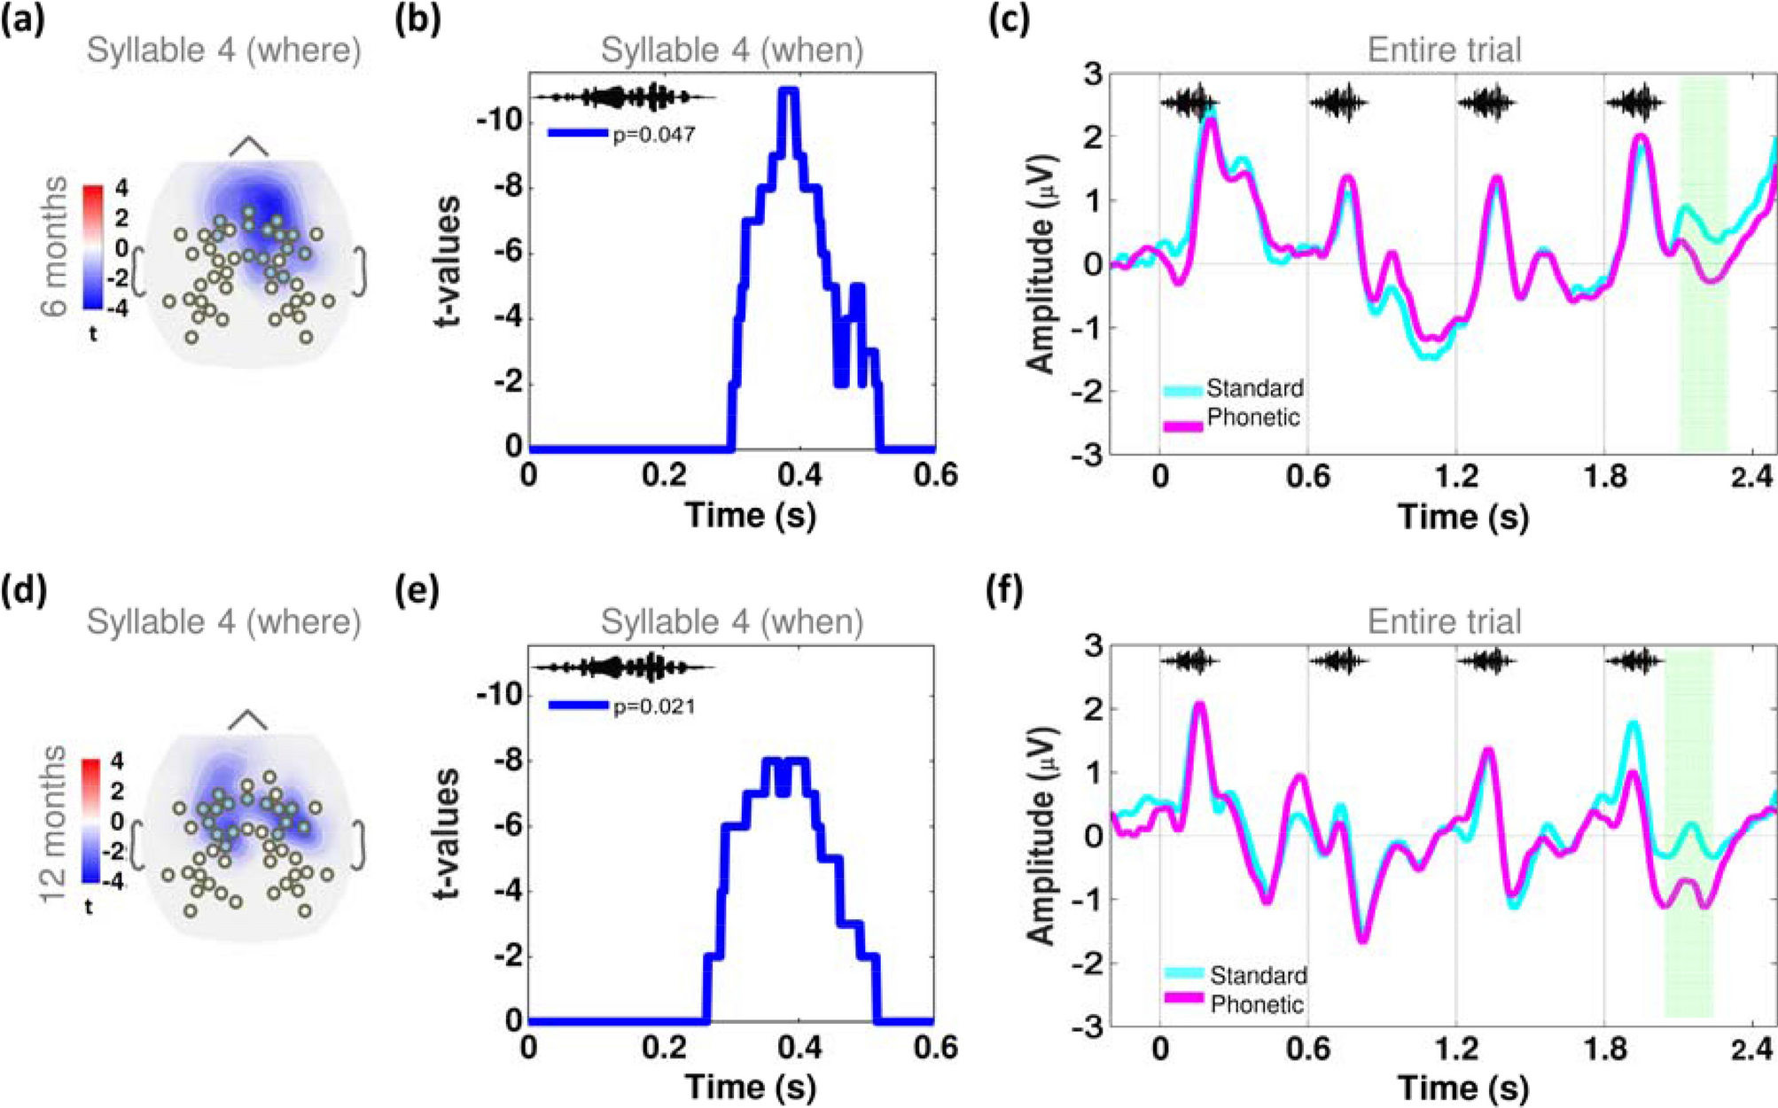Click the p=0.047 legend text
[654, 135]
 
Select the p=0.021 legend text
[654, 707]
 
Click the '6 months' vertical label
[55, 246]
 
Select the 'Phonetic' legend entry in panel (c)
[1253, 417]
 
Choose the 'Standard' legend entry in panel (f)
[1258, 975]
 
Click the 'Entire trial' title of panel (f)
[1444, 621]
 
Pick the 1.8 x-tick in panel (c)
[1605, 477]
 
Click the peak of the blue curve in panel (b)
[788, 90]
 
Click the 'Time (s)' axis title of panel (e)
[750, 1086]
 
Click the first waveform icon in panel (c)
[1189, 104]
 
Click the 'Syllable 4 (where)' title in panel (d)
[223, 622]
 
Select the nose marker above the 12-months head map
[248, 720]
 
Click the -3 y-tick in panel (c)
[1090, 454]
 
